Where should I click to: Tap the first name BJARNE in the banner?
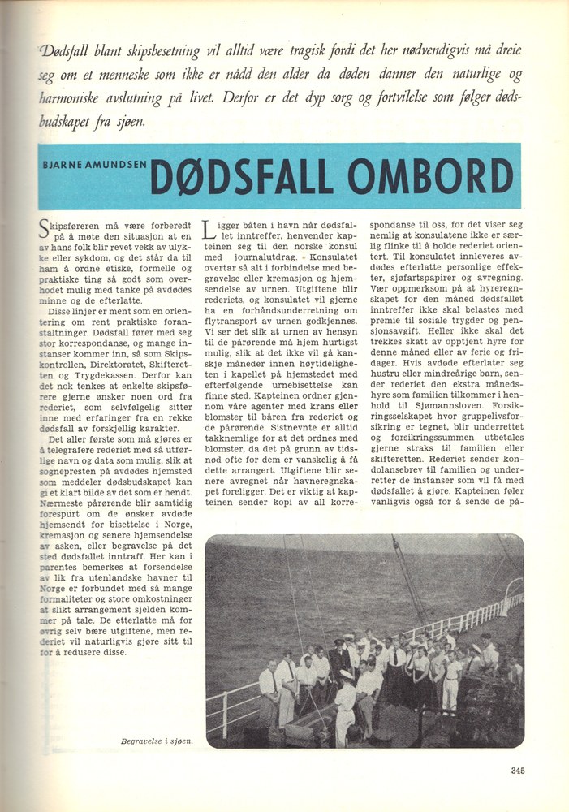click(63, 163)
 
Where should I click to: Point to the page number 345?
click(520, 771)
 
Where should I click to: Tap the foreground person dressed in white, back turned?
click(346, 706)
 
